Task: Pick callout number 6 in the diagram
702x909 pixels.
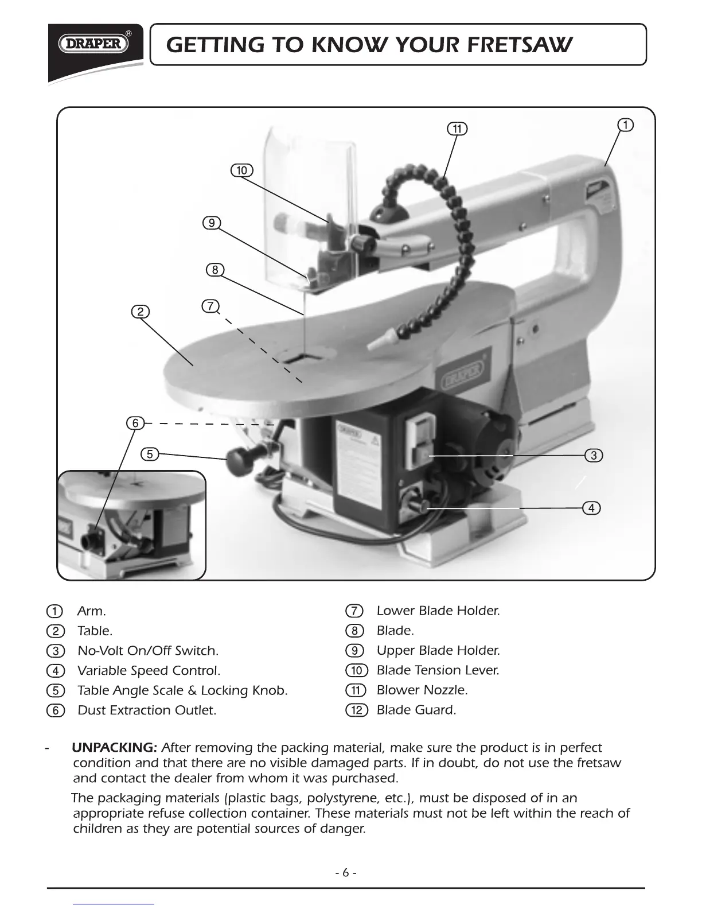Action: [135, 424]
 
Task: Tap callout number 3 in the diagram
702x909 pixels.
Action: [594, 456]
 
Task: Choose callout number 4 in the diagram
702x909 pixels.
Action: [591, 508]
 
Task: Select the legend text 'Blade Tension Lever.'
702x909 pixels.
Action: [438, 670]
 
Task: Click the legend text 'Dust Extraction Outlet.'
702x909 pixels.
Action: [147, 710]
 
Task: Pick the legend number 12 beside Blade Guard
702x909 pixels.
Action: [356, 710]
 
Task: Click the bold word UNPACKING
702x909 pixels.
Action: [114, 748]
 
